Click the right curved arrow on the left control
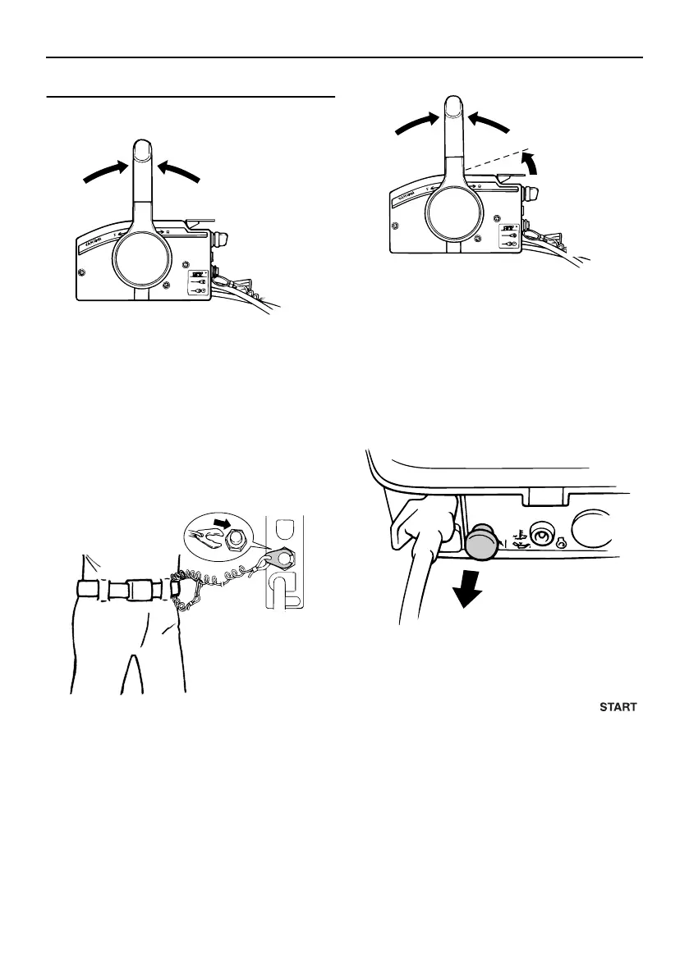[179, 171]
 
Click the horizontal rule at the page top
[344, 57]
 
